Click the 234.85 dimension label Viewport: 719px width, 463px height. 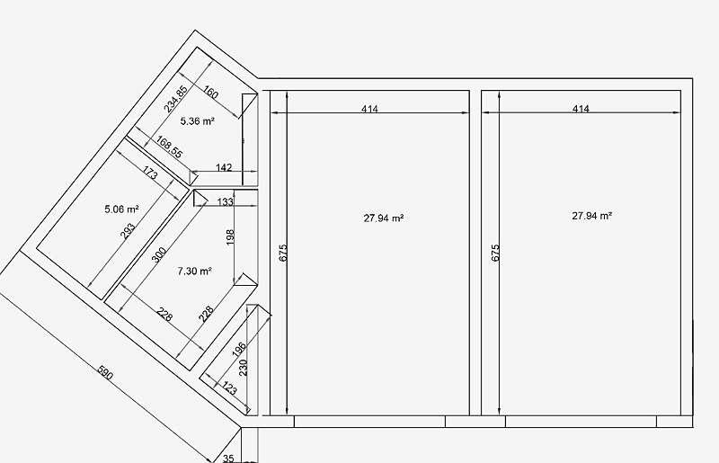click(x=175, y=99)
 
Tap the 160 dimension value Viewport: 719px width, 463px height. click(x=210, y=93)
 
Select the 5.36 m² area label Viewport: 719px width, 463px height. click(x=197, y=121)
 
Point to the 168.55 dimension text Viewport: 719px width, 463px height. click(x=169, y=147)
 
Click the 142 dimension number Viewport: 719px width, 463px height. click(x=223, y=167)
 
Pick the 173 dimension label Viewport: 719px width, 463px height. click(x=150, y=173)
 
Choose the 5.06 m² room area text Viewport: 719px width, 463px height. click(x=121, y=209)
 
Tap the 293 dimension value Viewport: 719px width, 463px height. click(x=128, y=231)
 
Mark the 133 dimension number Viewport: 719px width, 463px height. click(x=225, y=202)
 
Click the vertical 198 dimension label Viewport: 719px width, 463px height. click(x=230, y=236)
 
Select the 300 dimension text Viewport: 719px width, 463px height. click(x=159, y=255)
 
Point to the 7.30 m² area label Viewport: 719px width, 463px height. click(x=194, y=272)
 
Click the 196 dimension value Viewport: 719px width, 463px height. click(x=239, y=350)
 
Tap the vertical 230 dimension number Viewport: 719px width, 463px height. click(x=244, y=368)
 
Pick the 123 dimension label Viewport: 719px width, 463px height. click(x=230, y=388)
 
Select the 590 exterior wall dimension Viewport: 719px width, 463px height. click(x=105, y=373)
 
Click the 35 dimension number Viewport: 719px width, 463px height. click(x=228, y=458)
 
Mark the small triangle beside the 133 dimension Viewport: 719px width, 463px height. click(x=200, y=197)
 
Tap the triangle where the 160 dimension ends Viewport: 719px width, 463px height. click(x=249, y=105)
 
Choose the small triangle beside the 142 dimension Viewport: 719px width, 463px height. click(x=193, y=177)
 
